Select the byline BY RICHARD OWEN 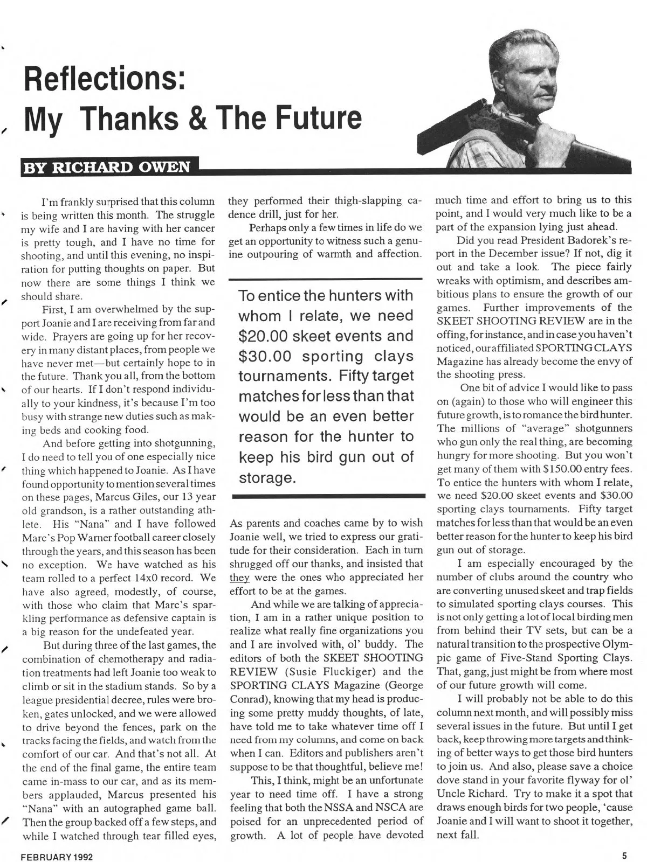[x=106, y=167]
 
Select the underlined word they [x=239, y=578]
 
